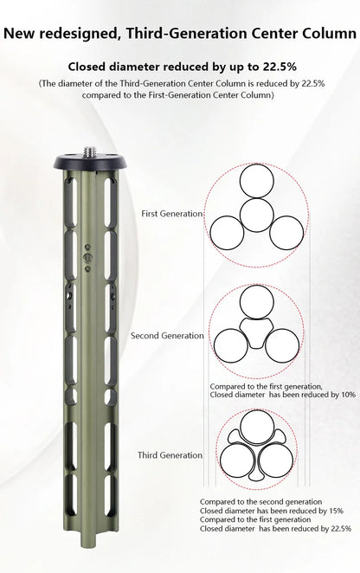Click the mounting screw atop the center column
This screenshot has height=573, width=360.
(x=90, y=151)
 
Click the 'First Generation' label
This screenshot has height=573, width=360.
(x=171, y=214)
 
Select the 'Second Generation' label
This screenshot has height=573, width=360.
(x=167, y=336)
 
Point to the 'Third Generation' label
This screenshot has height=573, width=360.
(x=170, y=455)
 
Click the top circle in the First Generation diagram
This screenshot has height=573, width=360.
(x=257, y=181)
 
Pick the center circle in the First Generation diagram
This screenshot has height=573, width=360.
(x=257, y=215)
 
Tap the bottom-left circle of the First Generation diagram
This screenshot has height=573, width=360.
(x=227, y=233)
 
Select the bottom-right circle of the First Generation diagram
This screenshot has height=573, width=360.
(x=286, y=233)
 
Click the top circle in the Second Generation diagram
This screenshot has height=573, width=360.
(x=256, y=302)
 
